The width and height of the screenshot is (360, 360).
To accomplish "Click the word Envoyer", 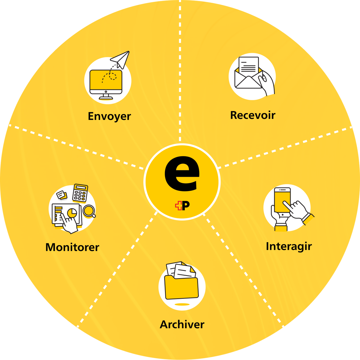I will coord(109,116).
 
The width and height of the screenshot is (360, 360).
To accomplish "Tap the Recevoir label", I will coord(253,115).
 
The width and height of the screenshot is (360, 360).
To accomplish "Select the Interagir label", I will coord(289,246).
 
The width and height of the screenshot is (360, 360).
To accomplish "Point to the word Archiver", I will coord(182,324).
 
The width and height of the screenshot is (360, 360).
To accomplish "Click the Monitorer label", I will coord(72,247).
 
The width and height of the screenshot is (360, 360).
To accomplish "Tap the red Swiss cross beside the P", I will coord(178,206).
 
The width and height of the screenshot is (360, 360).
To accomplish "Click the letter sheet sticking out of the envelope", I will coord(249,65).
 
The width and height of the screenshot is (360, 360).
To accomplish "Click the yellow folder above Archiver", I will coord(181,288).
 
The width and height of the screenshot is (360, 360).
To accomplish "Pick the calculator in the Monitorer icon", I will coord(80,193).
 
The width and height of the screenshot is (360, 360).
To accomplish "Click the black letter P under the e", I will coord(186,206).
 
